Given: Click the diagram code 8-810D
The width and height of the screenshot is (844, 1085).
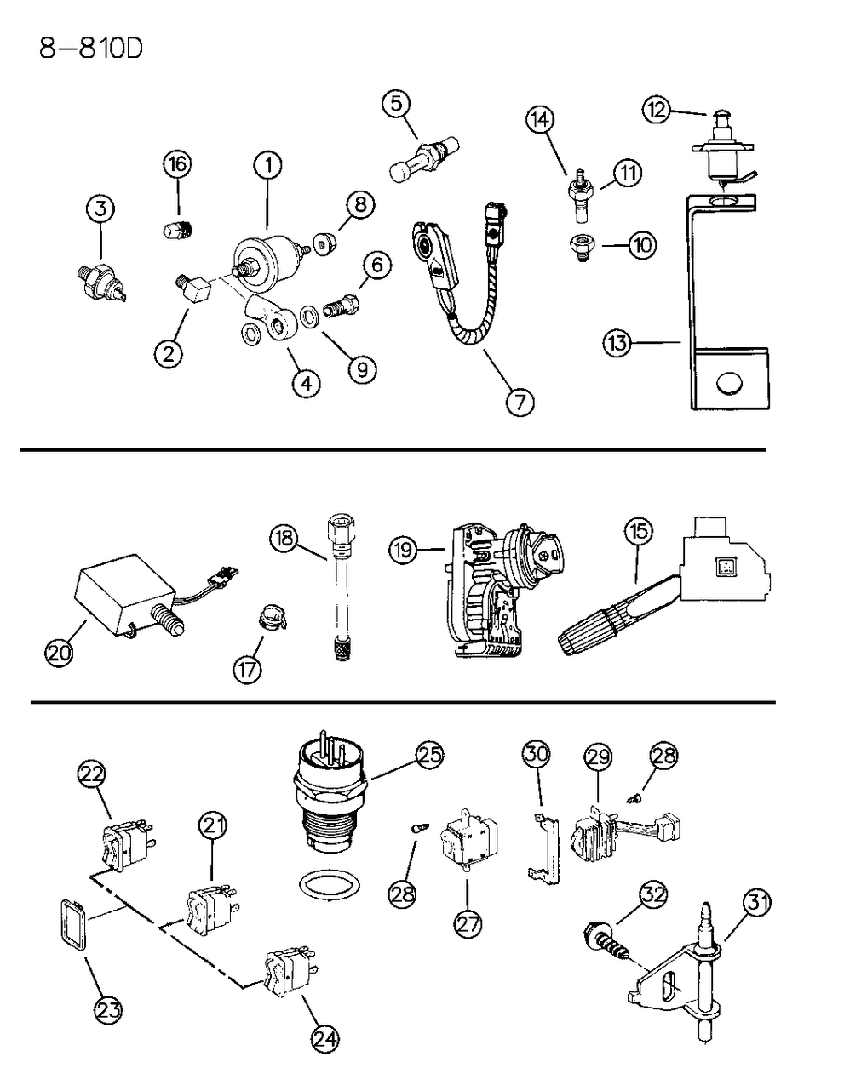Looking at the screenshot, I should (90, 48).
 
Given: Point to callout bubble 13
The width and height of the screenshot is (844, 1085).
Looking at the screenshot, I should (618, 343).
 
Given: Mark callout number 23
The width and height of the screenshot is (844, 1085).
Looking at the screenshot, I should (110, 1009).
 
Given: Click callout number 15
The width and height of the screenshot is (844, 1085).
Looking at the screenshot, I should (638, 533).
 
